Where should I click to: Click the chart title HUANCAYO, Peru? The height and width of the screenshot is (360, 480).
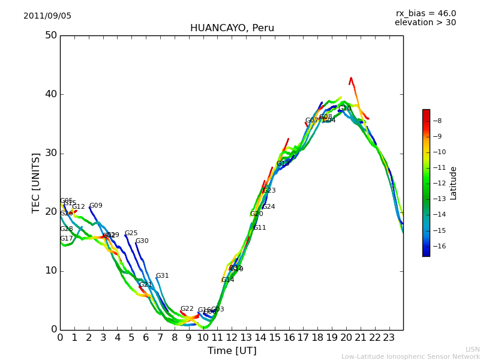tap(232, 28)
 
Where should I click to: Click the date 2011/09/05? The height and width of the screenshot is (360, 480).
tap(47, 16)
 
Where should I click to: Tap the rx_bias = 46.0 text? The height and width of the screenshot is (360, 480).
tap(425, 14)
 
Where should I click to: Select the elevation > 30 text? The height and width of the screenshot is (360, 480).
tap(425, 23)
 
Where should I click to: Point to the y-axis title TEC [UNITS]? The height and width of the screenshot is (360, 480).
tap(37, 182)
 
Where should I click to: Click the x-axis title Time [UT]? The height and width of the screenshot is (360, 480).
tap(232, 351)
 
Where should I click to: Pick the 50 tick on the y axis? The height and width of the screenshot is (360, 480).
tap(50, 35)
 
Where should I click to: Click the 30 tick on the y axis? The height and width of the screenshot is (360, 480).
tap(50, 153)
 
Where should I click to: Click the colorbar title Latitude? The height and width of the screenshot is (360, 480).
tap(454, 183)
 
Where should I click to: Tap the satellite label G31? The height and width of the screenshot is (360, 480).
tap(162, 276)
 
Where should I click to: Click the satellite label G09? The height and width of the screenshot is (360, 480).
tap(95, 206)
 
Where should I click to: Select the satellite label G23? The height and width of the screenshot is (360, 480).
tap(269, 191)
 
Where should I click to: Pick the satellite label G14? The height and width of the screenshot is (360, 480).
tap(227, 280)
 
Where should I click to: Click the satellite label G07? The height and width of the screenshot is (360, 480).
tap(311, 121)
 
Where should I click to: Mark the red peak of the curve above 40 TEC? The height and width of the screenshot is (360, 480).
tap(351, 78)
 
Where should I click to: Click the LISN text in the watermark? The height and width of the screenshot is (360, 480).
tap(472, 349)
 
